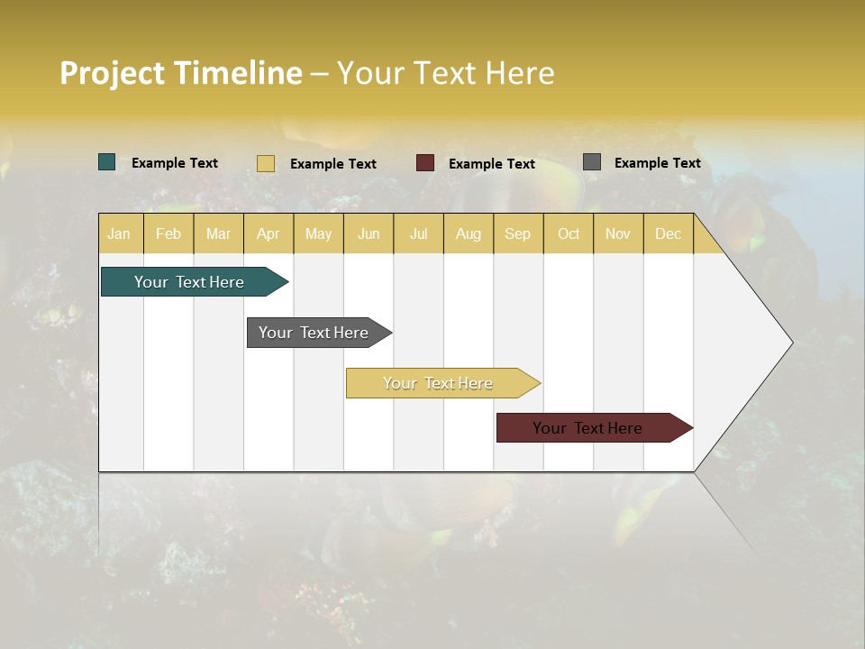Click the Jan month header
tap(119, 233)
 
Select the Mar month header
tap(218, 233)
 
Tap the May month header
tap(318, 233)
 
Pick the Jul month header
tap(418, 233)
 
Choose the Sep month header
tap(517, 233)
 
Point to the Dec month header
tap(668, 233)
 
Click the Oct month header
tap(569, 233)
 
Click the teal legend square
tap(107, 162)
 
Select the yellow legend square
tap(266, 163)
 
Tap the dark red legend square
tap(425, 163)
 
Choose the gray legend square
tap(592, 162)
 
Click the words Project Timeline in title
tap(181, 73)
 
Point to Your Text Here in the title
tap(445, 73)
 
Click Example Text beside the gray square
tap(657, 163)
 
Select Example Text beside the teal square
tap(175, 163)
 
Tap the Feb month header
tap(168, 233)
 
